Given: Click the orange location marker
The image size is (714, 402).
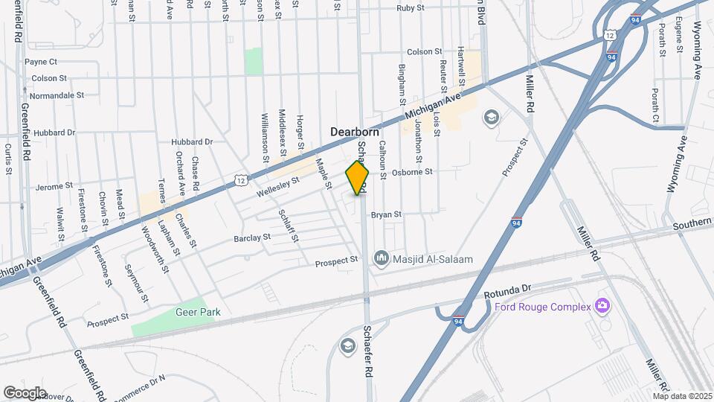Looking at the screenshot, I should (x=358, y=178).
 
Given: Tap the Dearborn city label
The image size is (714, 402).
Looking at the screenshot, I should (x=361, y=131).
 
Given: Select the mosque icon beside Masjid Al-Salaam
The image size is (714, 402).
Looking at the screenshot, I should (x=382, y=258).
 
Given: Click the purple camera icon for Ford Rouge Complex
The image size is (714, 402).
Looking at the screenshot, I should (x=602, y=305).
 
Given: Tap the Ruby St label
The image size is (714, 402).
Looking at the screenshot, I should (x=411, y=7).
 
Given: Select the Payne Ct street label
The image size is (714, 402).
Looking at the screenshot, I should (x=41, y=62).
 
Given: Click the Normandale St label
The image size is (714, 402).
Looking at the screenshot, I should (x=57, y=96).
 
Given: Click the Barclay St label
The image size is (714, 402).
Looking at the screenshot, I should (x=252, y=238).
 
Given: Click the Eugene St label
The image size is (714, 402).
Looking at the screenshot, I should (x=680, y=35).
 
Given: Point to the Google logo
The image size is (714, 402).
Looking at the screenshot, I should (x=25, y=392).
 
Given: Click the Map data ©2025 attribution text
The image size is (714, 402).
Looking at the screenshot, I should (x=682, y=396).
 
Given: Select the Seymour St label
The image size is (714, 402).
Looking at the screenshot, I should (x=137, y=284).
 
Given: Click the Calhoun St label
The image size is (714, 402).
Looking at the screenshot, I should (x=382, y=159).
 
